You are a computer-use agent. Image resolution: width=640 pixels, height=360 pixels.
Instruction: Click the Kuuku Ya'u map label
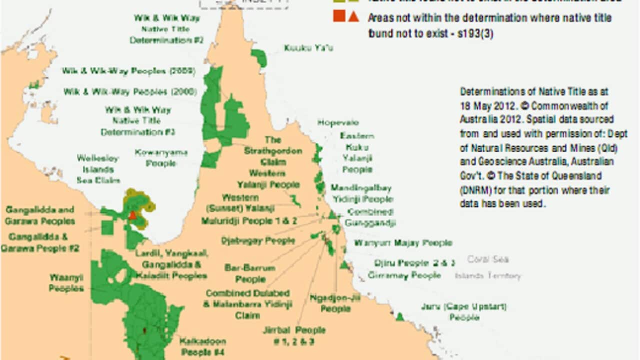tap(308, 48)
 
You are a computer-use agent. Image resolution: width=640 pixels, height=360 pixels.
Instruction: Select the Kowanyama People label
tap(160, 157)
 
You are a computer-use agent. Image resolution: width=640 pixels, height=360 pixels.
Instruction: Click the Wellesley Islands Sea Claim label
tap(98, 169)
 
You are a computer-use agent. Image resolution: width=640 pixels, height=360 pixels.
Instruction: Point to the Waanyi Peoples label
tap(66, 282)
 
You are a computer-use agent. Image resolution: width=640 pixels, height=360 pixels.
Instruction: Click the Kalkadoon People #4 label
tap(202, 345)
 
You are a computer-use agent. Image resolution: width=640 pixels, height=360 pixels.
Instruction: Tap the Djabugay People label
tap(258, 241)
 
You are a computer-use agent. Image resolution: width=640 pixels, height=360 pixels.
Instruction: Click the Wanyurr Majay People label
tap(403, 243)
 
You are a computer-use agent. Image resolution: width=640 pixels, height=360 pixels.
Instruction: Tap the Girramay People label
tap(404, 275)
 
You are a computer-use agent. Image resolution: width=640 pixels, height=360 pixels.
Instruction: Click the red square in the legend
tap(339, 17)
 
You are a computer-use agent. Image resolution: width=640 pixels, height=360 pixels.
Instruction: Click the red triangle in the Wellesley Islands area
tap(132, 215)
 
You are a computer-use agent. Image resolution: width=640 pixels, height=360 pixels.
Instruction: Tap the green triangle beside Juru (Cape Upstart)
tap(399, 316)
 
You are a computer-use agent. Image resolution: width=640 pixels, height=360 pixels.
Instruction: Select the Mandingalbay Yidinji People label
tap(360, 193)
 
